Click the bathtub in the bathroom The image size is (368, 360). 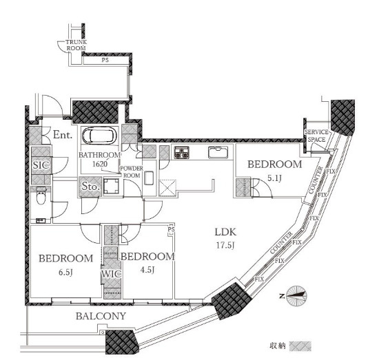99,135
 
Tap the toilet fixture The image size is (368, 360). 41,195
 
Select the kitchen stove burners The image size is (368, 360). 181,153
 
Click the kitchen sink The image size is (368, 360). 218,152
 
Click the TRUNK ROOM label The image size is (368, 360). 76,45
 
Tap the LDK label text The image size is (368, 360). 225,232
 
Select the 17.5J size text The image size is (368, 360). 225,245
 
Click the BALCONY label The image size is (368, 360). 101,316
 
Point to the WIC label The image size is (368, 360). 111,274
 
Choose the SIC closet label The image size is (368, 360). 41,165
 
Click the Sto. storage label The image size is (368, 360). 90,187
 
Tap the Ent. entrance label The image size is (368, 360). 63,135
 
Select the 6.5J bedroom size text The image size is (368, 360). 65,272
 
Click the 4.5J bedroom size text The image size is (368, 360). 147,270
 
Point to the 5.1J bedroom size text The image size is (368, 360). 274,178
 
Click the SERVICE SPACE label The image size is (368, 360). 316,136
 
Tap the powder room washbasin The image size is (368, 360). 149,178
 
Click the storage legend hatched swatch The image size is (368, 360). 300,346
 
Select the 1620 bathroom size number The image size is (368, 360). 100,164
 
